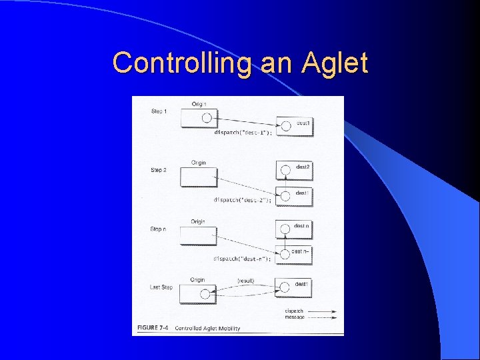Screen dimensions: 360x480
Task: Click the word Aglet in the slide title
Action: pyautogui.click(x=334, y=63)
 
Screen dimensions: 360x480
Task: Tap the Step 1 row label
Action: pyautogui.click(x=159, y=111)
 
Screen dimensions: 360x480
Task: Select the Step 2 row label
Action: pyautogui.click(x=159, y=170)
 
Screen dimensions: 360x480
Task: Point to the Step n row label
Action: pyautogui.click(x=159, y=229)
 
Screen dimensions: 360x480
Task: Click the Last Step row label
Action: pyautogui.click(x=161, y=287)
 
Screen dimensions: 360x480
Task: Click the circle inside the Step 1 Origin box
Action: pyautogui.click(x=206, y=118)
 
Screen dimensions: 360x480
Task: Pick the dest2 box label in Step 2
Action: pyautogui.click(x=302, y=167)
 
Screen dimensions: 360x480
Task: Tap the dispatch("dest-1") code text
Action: pyautogui.click(x=243, y=133)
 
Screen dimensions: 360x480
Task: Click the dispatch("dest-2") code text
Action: pyautogui.click(x=243, y=199)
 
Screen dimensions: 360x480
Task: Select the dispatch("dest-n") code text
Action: pyautogui.click(x=243, y=258)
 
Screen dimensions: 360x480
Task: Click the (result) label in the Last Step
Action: pyautogui.click(x=245, y=281)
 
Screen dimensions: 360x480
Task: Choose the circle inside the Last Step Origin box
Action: pyautogui.click(x=206, y=293)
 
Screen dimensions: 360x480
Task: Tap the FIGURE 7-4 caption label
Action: pyautogui.click(x=153, y=328)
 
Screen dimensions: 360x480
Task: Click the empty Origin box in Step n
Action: pyautogui.click(x=198, y=236)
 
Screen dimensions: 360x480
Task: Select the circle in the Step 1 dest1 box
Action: pyautogui.click(x=285, y=125)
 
